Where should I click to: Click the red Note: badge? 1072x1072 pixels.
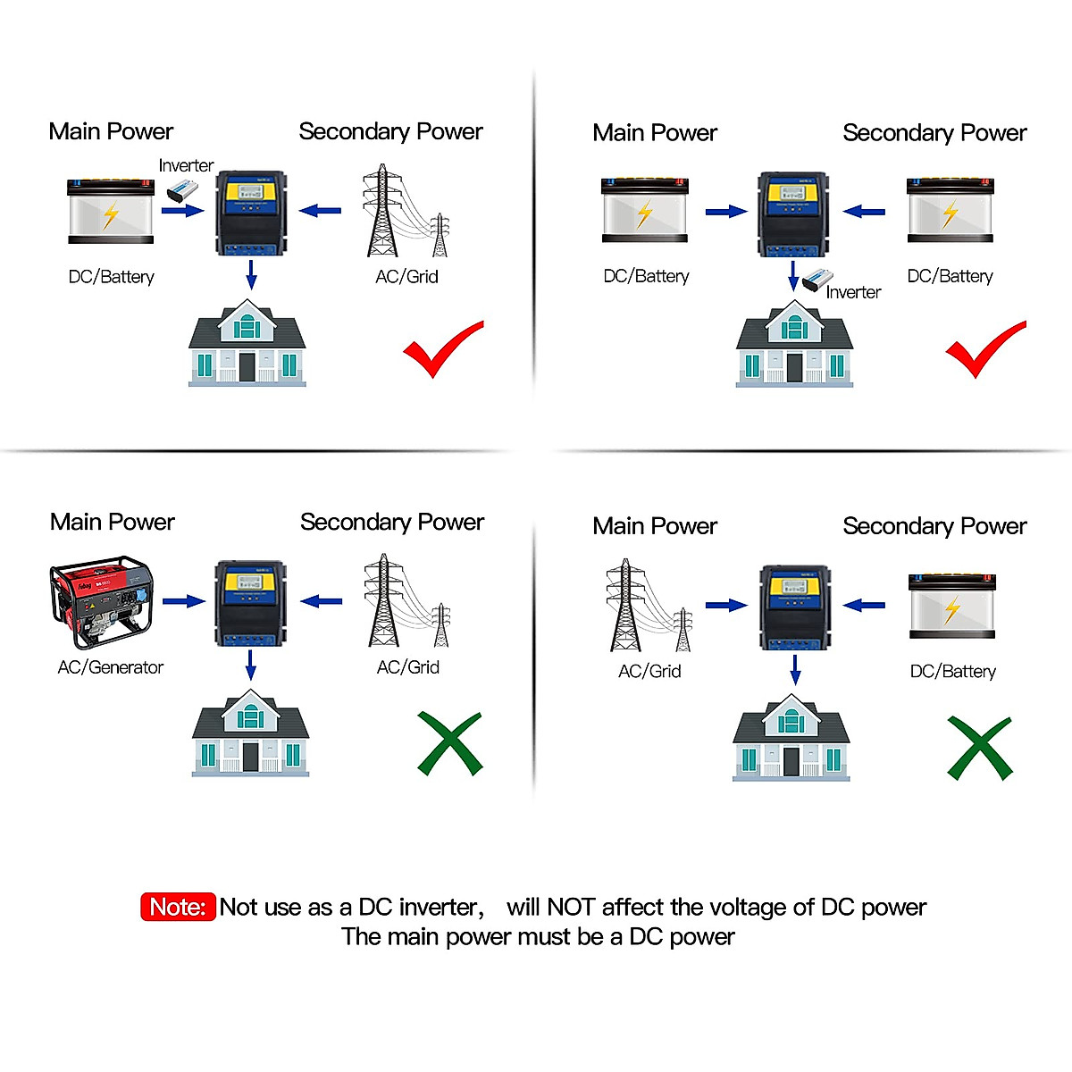click(178, 907)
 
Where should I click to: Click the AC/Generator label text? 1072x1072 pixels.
click(111, 667)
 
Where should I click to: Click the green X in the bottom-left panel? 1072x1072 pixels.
click(449, 743)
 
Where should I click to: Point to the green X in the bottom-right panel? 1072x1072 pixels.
click(979, 748)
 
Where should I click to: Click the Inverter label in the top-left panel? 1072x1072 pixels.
click(186, 165)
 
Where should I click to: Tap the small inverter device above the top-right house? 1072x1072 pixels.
click(817, 281)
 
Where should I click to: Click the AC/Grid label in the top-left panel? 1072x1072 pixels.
click(406, 277)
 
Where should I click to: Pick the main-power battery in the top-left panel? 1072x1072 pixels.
click(111, 212)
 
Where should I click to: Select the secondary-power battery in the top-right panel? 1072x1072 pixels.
click(950, 211)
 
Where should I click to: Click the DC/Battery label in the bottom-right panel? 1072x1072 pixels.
click(952, 672)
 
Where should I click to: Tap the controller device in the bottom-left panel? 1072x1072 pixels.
click(250, 603)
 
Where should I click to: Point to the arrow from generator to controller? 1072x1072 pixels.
click(183, 601)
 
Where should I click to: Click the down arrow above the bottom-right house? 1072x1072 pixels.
click(795, 669)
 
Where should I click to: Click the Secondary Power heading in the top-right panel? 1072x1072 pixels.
click(934, 133)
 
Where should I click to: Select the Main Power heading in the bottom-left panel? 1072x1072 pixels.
click(113, 523)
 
